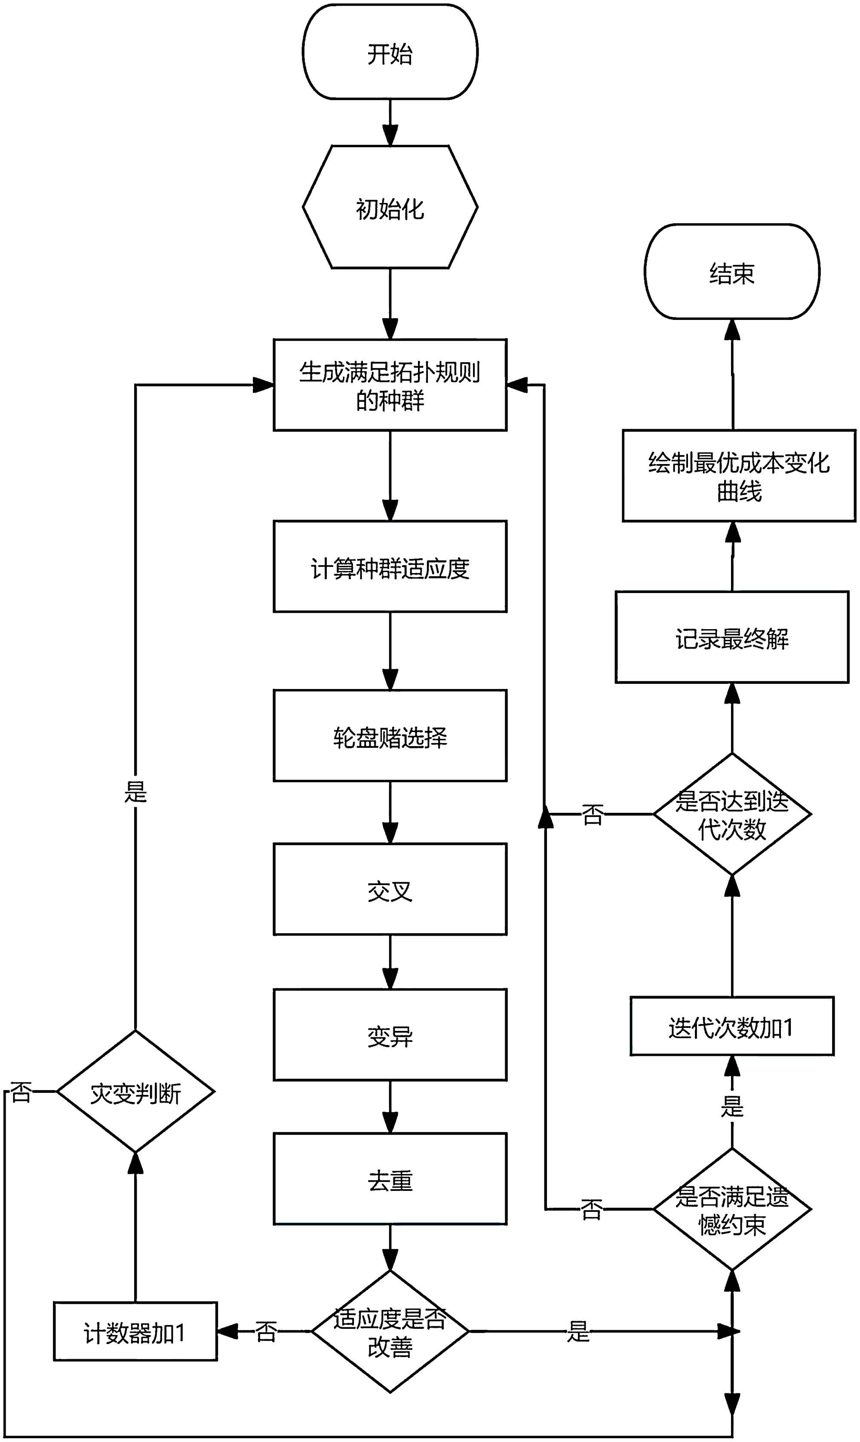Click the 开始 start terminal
pos(390,52)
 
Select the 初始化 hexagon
pos(390,207)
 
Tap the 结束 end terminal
pos(732,272)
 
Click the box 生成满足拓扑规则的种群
pos(390,385)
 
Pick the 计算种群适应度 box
pos(390,567)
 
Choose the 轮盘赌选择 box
pos(390,736)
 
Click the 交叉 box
pos(390,890)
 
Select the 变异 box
pos(390,1035)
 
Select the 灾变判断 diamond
pos(135,1092)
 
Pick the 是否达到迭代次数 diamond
pos(732,814)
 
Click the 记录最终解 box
pos(732,637)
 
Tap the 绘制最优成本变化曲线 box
pos(739,476)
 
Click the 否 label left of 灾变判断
pos(21,1092)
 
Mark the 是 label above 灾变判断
pos(135,791)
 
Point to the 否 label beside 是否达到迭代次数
pos(592,814)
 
